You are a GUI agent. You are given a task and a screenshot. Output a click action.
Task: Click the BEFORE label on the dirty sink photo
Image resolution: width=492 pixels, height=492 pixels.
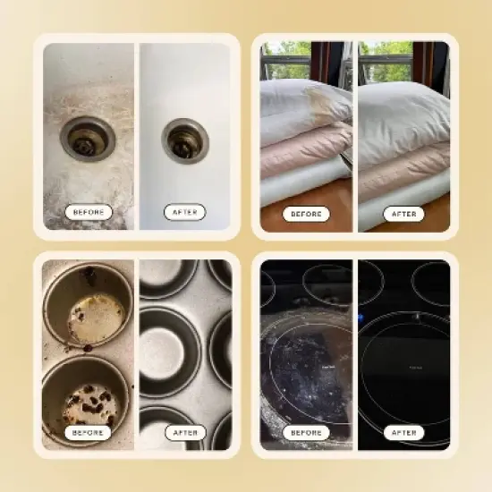pyautogui.click(x=89, y=212)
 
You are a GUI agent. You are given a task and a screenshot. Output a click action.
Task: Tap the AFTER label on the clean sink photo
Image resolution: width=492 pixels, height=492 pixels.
pyautogui.click(x=185, y=212)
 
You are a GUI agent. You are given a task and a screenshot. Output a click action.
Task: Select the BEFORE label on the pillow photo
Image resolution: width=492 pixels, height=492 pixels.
pyautogui.click(x=306, y=215)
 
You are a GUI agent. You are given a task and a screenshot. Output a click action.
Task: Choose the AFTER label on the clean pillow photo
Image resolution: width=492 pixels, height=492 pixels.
pyautogui.click(x=403, y=215)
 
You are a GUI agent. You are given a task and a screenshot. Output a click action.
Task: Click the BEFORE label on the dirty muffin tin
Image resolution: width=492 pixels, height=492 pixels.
pyautogui.click(x=88, y=433)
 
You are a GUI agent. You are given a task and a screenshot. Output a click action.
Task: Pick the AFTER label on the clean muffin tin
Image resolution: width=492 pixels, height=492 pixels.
pyautogui.click(x=185, y=433)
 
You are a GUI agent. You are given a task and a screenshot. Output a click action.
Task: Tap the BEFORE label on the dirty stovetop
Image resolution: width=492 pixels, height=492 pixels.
pyautogui.click(x=306, y=433)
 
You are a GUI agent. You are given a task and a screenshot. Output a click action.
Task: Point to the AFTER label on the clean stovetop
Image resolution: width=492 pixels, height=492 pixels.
pyautogui.click(x=403, y=433)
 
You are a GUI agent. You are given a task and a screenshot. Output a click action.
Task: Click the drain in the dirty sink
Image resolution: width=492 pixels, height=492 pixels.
pyautogui.click(x=88, y=140)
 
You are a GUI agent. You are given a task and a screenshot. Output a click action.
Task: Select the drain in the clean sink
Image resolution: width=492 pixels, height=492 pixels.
pyautogui.click(x=185, y=140)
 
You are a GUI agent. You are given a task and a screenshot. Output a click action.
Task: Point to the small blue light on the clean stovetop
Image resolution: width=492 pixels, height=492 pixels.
pyautogui.click(x=361, y=318)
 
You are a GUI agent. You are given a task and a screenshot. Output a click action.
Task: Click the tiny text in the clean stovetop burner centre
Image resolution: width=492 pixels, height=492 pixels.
pyautogui.click(x=416, y=368)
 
